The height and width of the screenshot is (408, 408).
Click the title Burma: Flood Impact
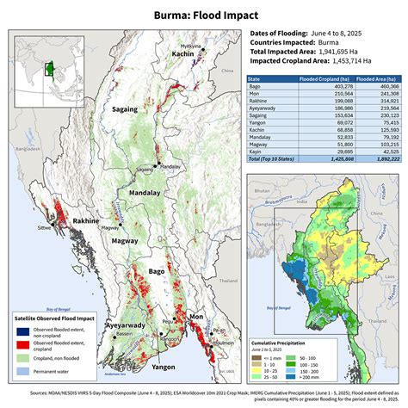click(x=203, y=15)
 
